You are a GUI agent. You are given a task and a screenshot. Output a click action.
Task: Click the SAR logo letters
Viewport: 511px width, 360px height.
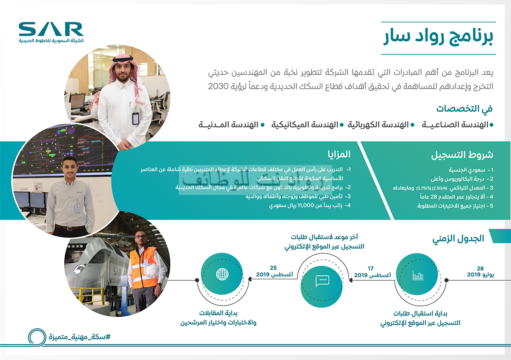click(x=51, y=29)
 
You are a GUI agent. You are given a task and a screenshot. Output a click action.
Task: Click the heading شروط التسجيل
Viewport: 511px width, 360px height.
click(x=462, y=154)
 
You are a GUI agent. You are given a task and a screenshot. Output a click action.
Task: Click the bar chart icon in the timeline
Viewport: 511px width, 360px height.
click(x=417, y=275)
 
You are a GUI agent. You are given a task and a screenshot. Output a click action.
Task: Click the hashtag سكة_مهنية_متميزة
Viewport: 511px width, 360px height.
click(x=80, y=337)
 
